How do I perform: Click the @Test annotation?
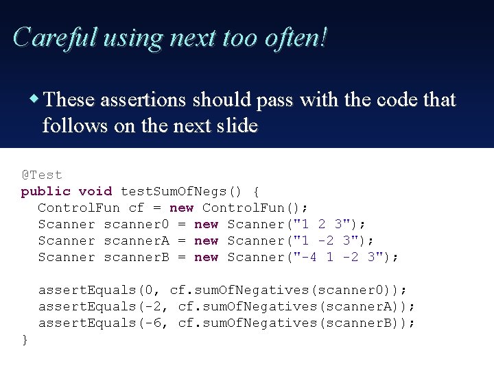[x=42, y=175]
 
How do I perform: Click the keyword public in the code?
[x=46, y=191]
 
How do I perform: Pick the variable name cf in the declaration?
[x=137, y=208]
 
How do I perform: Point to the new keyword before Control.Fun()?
[x=181, y=208]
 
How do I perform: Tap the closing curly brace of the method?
[x=25, y=339]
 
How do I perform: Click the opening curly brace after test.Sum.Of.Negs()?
[x=256, y=191]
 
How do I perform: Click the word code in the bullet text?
[x=389, y=100]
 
